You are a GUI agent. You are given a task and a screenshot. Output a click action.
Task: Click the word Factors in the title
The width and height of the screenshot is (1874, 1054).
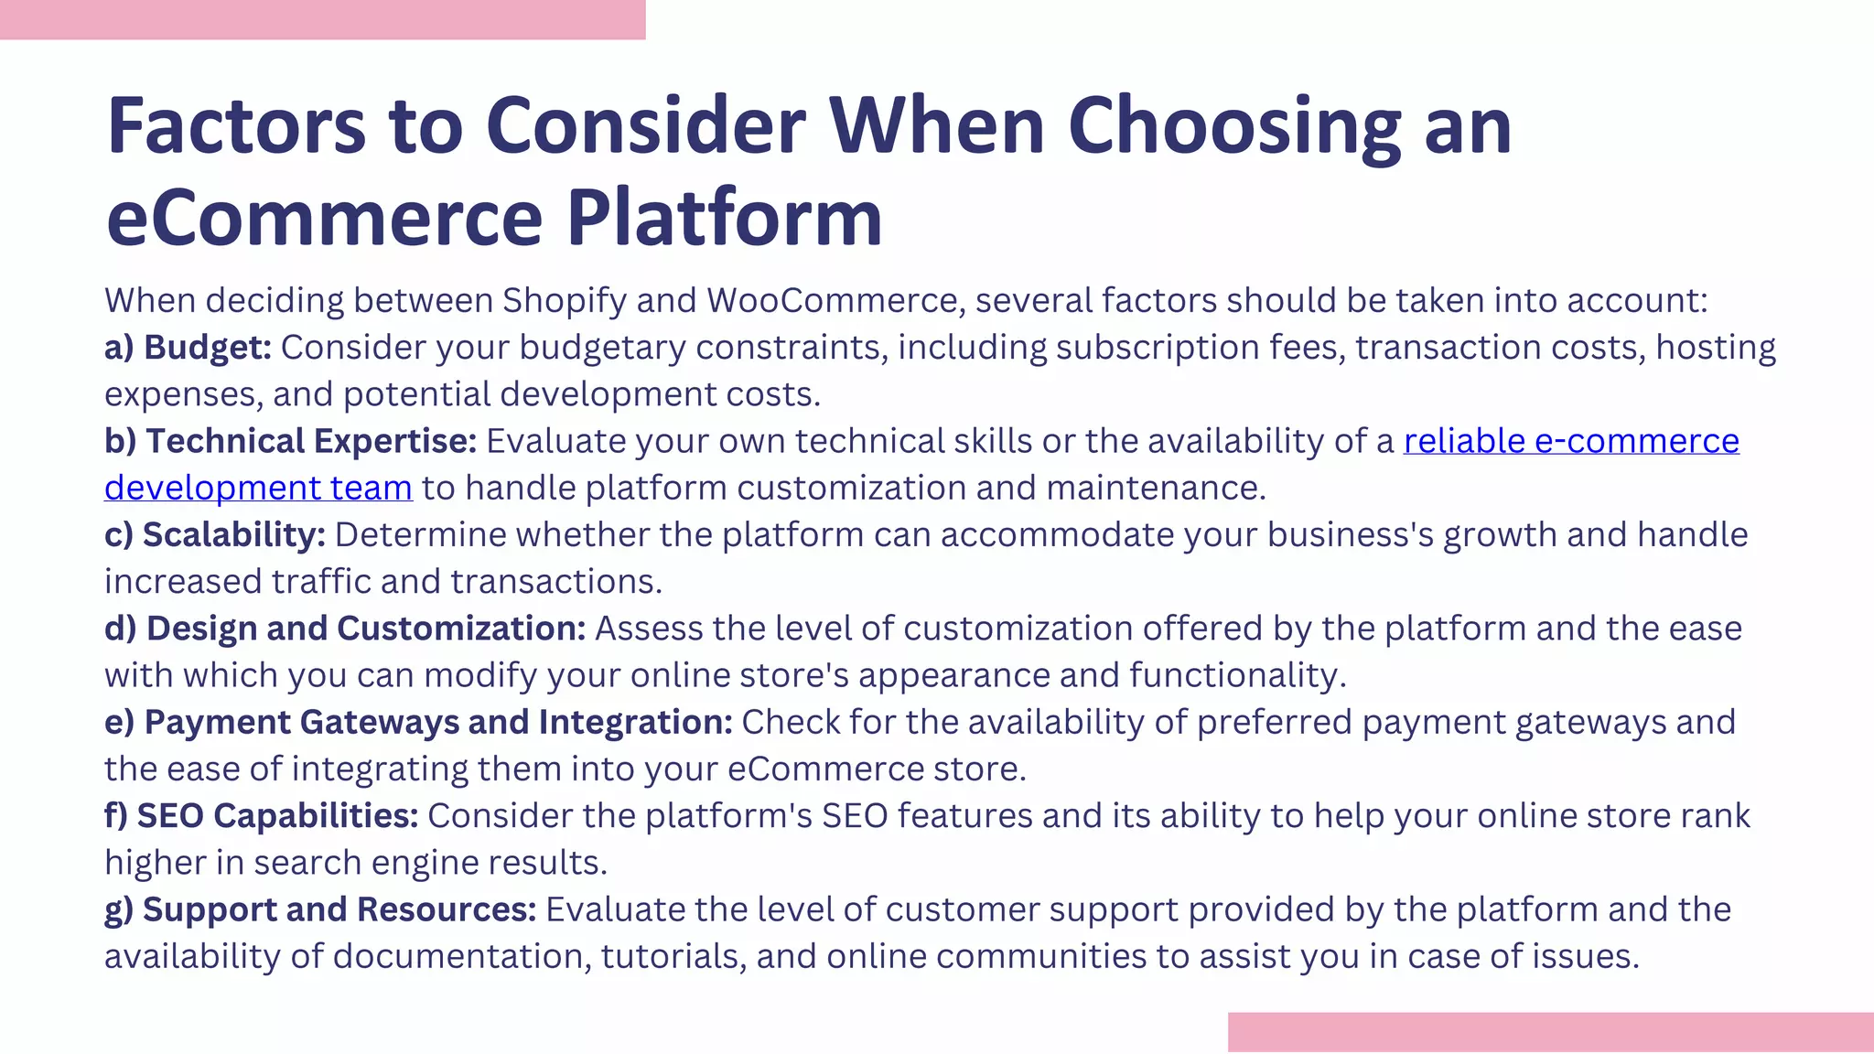(236, 126)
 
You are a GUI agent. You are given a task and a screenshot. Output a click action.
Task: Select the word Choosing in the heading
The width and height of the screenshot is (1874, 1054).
(1233, 126)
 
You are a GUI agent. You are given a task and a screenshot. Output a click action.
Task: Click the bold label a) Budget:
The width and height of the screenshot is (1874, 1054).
(188, 348)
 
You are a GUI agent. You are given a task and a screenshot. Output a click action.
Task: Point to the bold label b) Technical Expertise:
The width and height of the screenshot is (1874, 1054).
(290, 441)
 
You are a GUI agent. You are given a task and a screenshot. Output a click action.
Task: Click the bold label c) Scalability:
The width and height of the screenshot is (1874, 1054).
(214, 535)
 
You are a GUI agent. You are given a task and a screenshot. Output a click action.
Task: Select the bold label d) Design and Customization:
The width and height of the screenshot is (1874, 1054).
(344, 629)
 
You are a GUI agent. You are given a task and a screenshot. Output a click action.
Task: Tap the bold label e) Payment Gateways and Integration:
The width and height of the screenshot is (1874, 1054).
(418, 722)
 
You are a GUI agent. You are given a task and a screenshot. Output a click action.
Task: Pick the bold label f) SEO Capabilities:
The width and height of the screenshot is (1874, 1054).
(261, 815)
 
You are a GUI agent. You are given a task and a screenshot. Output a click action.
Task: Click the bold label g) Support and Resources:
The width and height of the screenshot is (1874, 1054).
(320, 909)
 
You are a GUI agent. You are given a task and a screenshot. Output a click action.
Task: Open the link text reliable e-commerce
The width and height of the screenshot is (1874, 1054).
(1570, 441)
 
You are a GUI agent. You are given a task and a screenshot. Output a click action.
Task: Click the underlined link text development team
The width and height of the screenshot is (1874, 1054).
(258, 489)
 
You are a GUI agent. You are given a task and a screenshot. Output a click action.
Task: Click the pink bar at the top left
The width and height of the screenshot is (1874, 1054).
(322, 19)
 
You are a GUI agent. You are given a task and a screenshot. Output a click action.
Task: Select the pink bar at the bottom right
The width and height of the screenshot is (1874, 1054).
(1550, 1032)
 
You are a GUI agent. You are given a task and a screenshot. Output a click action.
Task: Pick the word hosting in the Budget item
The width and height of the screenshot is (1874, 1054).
(1716, 348)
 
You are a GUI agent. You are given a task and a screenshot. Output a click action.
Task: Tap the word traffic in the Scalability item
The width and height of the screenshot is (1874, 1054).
(320, 582)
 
